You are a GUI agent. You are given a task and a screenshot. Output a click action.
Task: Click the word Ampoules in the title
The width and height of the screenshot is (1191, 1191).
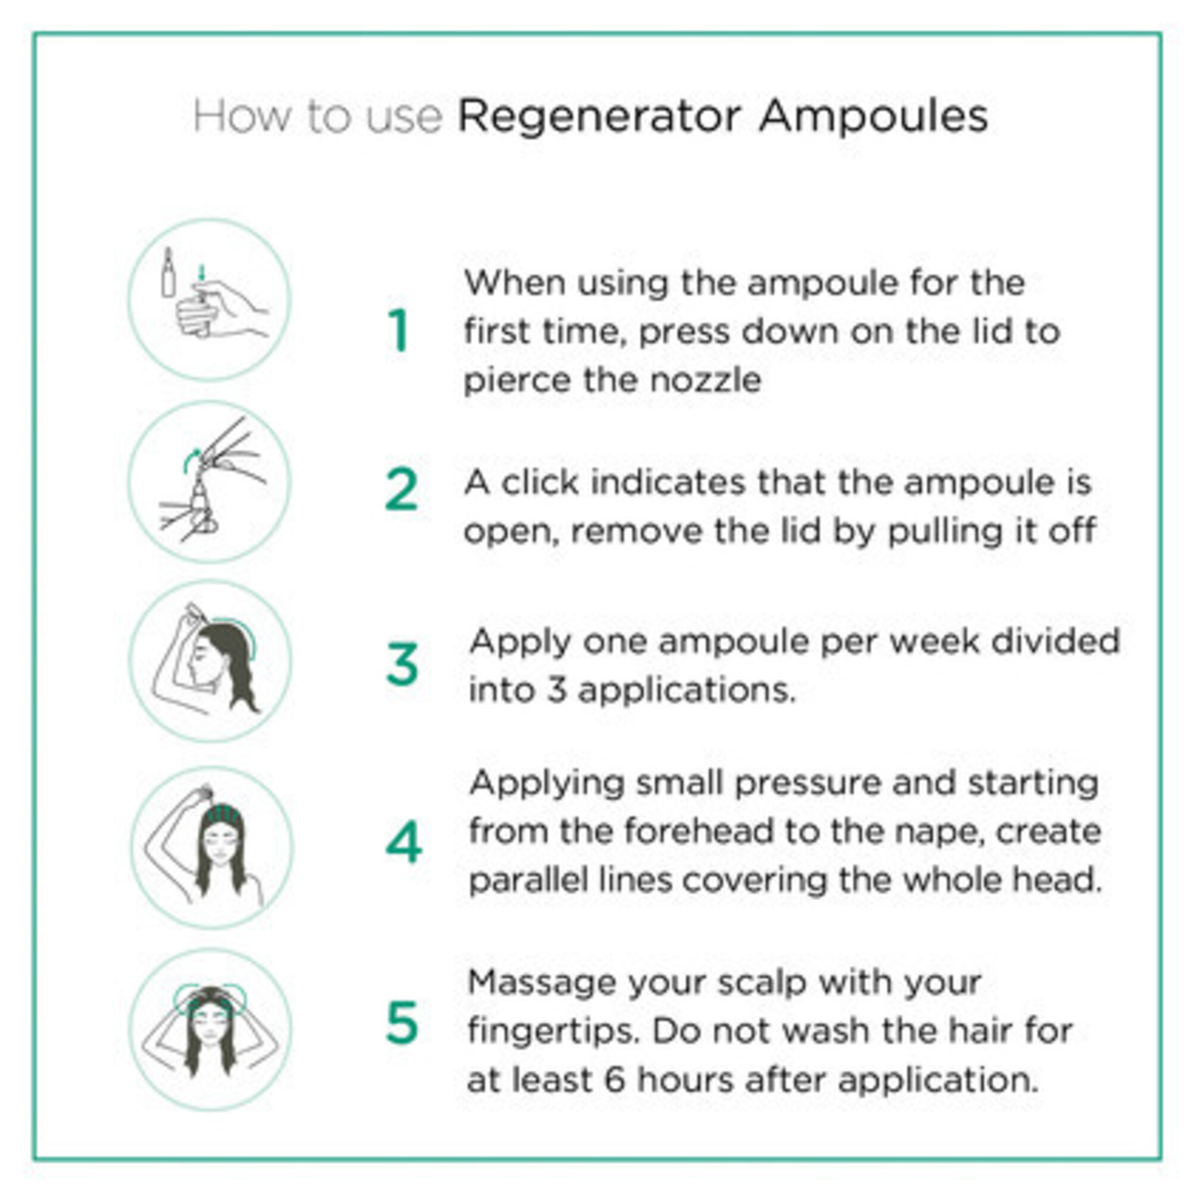(x=873, y=117)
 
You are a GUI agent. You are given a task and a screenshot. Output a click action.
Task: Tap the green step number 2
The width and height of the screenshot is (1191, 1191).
(x=401, y=490)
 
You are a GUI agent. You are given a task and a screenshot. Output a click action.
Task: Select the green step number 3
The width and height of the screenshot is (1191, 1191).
(x=403, y=665)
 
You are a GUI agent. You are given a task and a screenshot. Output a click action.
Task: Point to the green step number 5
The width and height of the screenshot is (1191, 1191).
(x=402, y=1022)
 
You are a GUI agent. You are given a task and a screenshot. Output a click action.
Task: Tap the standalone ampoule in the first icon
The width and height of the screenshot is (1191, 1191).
(x=168, y=273)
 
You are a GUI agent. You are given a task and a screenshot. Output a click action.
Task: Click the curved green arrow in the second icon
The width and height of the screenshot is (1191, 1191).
(x=191, y=459)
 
